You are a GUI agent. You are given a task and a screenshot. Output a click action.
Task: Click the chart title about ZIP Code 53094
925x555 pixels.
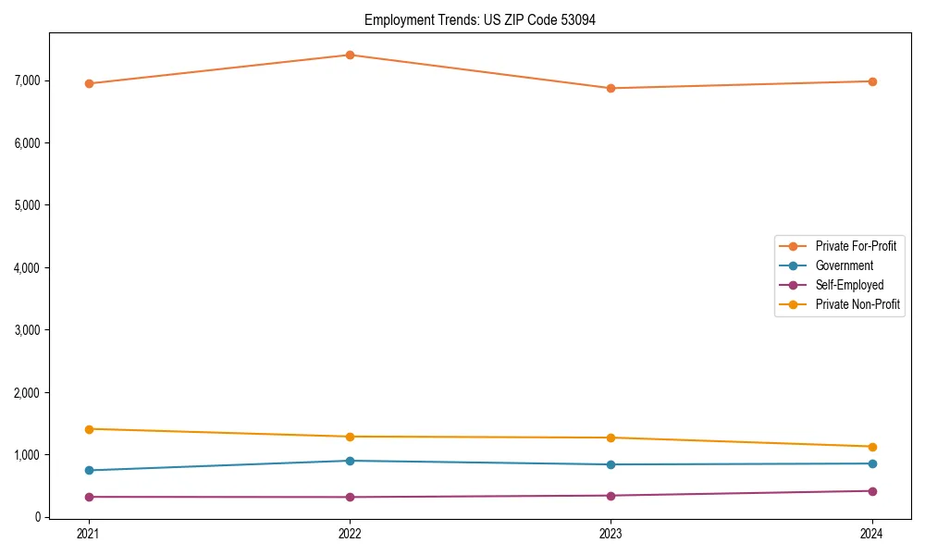pos(480,19)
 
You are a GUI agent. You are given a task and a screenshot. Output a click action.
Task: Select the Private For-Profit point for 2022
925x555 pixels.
pos(350,55)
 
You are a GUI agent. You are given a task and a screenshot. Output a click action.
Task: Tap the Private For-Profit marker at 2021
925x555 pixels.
pos(89,83)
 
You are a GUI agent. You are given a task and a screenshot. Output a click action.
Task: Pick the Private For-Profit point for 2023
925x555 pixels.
pos(610,88)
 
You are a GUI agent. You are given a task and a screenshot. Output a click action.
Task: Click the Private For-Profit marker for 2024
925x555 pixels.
pos(872,81)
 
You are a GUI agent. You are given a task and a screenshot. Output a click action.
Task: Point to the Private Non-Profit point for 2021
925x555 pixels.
pos(89,429)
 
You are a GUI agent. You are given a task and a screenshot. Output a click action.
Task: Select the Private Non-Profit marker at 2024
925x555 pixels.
pos(872,447)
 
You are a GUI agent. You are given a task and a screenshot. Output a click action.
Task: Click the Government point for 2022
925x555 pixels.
pos(350,461)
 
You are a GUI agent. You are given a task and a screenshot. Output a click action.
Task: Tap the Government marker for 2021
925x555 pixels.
pos(89,470)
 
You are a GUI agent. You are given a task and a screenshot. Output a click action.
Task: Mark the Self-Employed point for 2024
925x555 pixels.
pos(872,491)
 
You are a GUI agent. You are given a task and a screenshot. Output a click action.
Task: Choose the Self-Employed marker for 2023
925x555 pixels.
pos(610,496)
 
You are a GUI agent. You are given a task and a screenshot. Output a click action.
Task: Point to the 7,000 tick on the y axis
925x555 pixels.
pos(28,80)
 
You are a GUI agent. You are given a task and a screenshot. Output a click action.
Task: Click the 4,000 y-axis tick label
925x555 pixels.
pos(28,267)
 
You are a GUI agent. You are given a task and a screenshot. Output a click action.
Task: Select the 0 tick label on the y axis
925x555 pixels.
pos(38,517)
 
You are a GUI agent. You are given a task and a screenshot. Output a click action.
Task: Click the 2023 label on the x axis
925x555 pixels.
pos(610,534)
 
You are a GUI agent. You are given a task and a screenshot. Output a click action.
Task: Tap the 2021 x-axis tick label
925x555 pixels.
pos(89,534)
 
